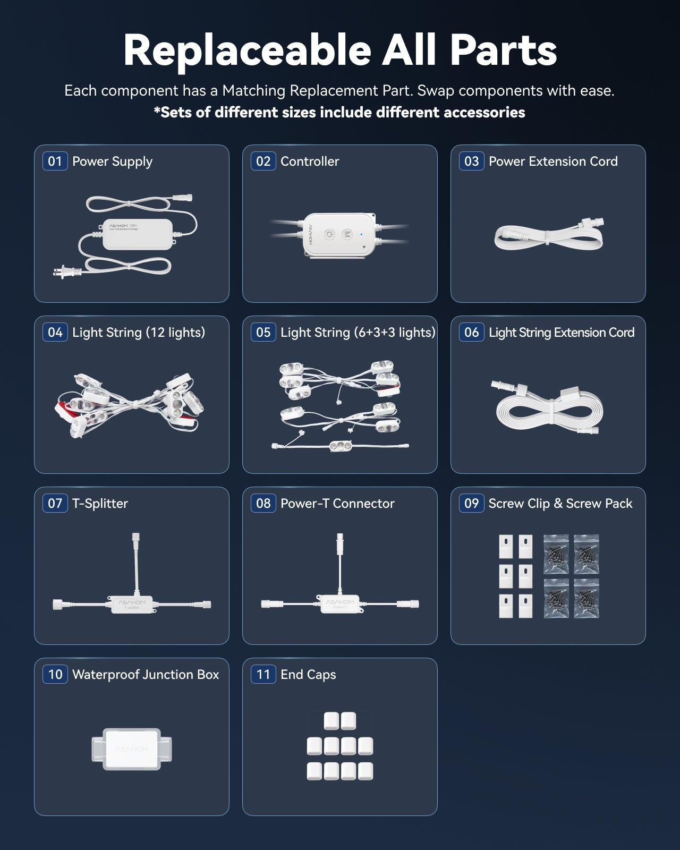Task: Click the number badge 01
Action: point(55,161)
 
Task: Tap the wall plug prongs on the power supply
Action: point(58,272)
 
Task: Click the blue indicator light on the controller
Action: point(361,235)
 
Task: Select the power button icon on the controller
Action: point(329,235)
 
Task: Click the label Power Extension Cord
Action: point(553,161)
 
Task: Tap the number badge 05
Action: point(263,332)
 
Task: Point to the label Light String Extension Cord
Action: point(562,333)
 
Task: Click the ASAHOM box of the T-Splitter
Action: point(132,605)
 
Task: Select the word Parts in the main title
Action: point(503,50)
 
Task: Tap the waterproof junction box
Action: point(132,749)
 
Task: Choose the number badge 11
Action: point(263,674)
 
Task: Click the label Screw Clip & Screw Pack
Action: point(560,503)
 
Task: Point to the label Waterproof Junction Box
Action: point(146,675)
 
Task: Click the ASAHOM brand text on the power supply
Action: point(118,226)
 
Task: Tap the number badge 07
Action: point(55,503)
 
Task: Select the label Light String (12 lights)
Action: point(139,333)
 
